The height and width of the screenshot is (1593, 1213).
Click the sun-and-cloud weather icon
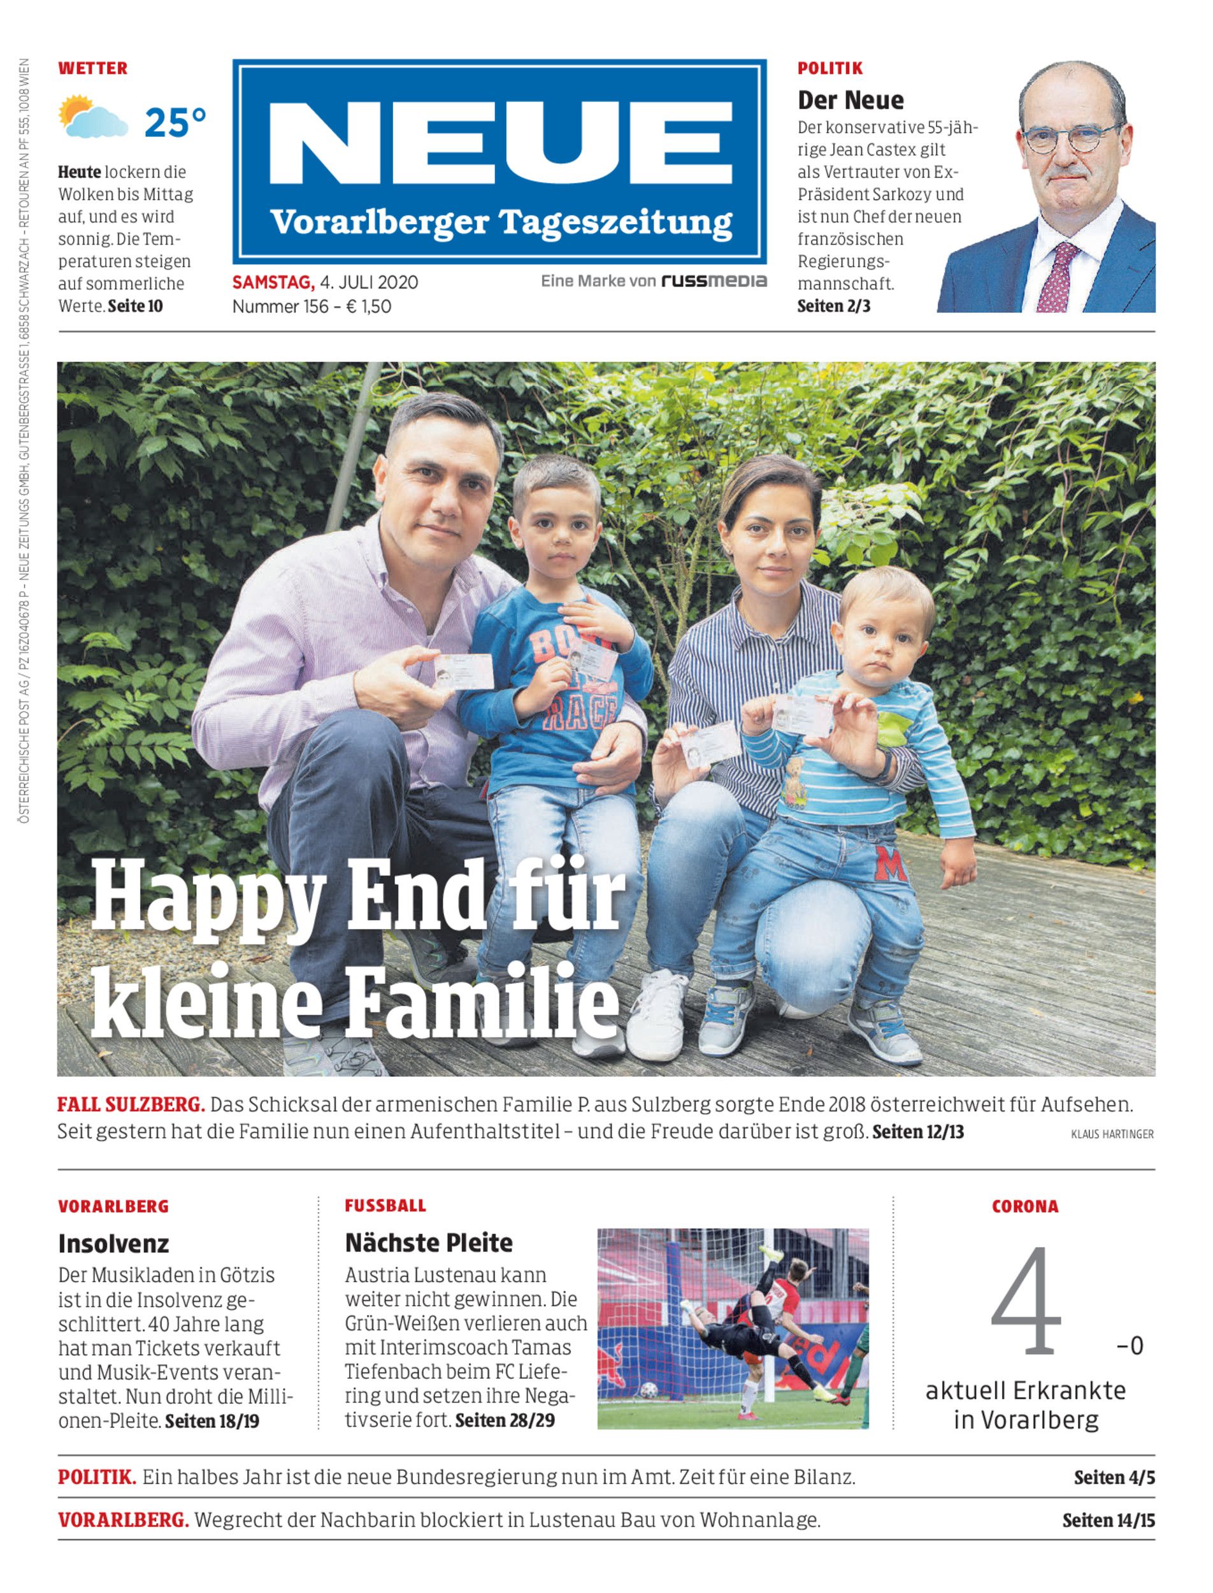92,117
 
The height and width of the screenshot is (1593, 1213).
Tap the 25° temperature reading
175,123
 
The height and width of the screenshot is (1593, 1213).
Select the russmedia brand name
714,281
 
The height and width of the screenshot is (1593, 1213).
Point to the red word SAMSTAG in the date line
273,282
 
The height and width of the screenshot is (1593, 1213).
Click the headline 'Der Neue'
850,99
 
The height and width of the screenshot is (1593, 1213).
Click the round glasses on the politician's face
1072,137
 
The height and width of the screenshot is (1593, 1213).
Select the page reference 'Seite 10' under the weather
135,306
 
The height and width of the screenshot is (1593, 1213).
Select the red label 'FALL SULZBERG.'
131,1105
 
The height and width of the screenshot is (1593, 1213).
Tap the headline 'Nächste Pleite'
428,1243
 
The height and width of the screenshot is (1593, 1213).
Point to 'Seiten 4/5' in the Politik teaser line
1114,1478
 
